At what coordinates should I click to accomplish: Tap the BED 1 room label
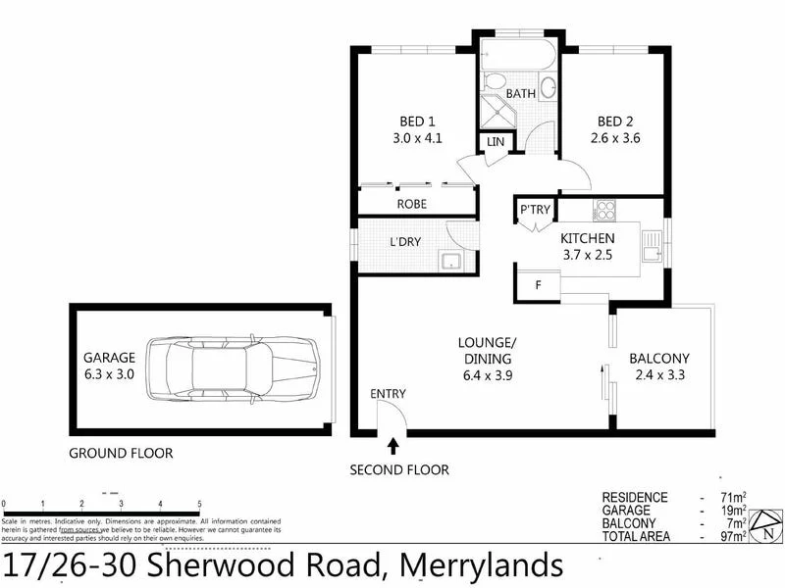(x=412, y=122)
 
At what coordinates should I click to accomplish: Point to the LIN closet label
(x=495, y=143)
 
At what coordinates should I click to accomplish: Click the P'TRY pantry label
(x=535, y=210)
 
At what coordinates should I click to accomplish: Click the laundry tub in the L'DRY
(x=452, y=261)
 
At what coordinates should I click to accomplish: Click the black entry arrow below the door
(x=393, y=447)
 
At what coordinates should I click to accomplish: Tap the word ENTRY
(x=388, y=394)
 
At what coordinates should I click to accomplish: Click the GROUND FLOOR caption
(x=121, y=453)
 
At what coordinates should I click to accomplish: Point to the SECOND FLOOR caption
(x=399, y=470)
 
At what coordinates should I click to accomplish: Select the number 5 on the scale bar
(x=200, y=504)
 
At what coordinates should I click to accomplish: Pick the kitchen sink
(x=651, y=246)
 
